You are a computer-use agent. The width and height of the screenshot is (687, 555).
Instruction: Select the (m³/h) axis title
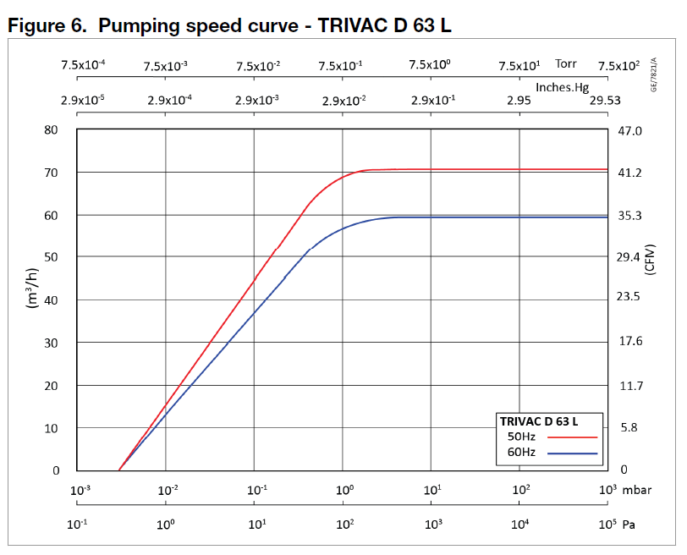tap(35, 288)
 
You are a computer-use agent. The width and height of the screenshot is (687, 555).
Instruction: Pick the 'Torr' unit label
tap(566, 64)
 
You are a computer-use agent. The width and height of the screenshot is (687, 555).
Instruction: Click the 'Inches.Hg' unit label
tap(563, 85)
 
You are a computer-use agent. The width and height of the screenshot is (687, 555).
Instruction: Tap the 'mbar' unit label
tap(637, 490)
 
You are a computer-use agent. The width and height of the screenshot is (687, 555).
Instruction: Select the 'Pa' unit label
tap(629, 525)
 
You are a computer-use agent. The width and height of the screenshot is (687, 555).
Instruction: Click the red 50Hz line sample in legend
tap(573, 437)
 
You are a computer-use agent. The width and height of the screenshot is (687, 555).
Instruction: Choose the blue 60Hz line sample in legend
tap(573, 453)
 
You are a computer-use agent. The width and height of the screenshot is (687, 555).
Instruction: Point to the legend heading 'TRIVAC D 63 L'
tap(539, 420)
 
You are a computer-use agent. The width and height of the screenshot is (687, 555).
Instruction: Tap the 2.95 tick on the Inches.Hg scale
tap(519, 100)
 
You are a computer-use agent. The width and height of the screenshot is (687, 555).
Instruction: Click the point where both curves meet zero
tap(119, 470)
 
